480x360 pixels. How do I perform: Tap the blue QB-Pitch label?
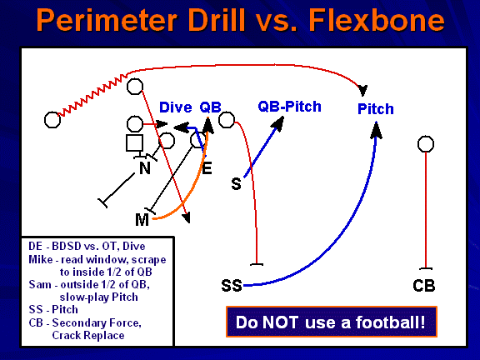pyautogui.click(x=289, y=107)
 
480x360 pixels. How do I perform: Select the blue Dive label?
pyautogui.click(x=175, y=107)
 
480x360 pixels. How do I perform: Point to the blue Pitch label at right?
pyautogui.click(x=375, y=109)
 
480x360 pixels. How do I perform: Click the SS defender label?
pyautogui.click(x=232, y=286)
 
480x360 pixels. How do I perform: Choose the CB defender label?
pyautogui.click(x=424, y=286)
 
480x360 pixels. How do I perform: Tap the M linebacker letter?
pyautogui.click(x=142, y=219)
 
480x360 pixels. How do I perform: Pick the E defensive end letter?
pyautogui.click(x=207, y=168)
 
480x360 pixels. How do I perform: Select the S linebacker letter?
pyautogui.click(x=236, y=183)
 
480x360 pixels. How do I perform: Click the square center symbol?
pyautogui.click(x=134, y=144)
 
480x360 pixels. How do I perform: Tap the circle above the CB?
pyautogui.click(x=426, y=145)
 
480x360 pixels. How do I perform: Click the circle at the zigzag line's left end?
pyautogui.click(x=52, y=120)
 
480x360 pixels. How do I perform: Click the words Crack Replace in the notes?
pyautogui.click(x=87, y=335)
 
